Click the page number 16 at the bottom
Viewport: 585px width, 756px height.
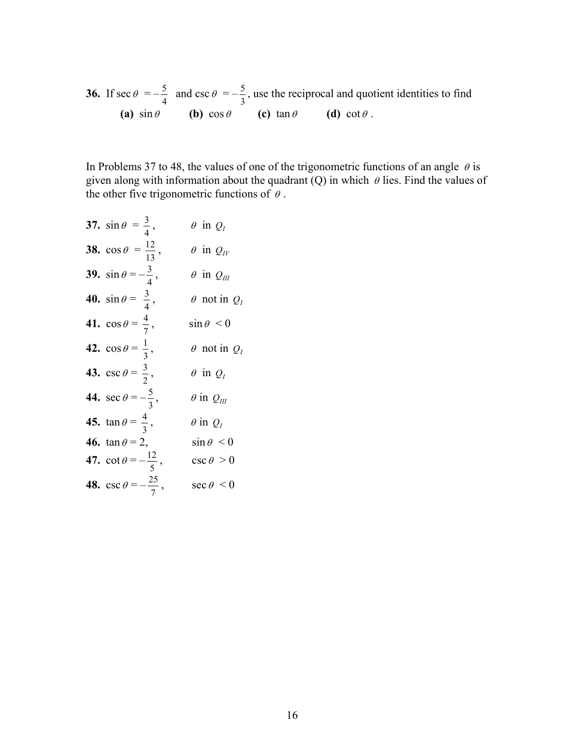[x=292, y=715]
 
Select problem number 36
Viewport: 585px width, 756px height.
[x=93, y=94]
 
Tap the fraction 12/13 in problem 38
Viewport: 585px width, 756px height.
[x=150, y=251]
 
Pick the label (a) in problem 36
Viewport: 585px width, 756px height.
[x=127, y=114]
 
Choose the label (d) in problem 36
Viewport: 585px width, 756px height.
[x=333, y=114]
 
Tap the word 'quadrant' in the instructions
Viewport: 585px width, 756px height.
[x=289, y=180]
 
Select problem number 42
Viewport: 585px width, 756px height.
[x=93, y=348]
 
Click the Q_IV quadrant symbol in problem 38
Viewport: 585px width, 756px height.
[x=222, y=251]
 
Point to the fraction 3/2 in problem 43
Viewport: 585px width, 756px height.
[x=145, y=374]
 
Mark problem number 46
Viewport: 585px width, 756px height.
[x=93, y=442]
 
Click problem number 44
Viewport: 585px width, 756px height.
[x=93, y=398]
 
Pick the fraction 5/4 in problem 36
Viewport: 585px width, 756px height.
[x=164, y=94]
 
